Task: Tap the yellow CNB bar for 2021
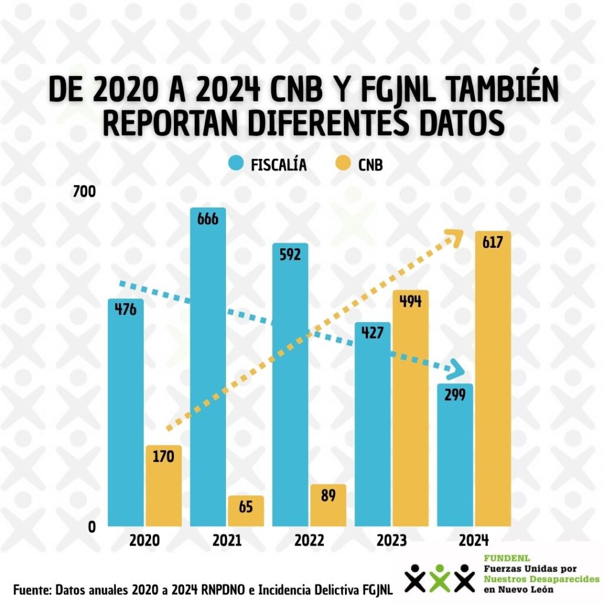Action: [x=245, y=512]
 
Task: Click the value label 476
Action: [x=125, y=308]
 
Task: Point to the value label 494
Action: [x=410, y=301]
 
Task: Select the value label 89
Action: [x=328, y=495]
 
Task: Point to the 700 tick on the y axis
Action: [x=84, y=192]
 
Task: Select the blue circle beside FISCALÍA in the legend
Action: [x=237, y=165]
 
